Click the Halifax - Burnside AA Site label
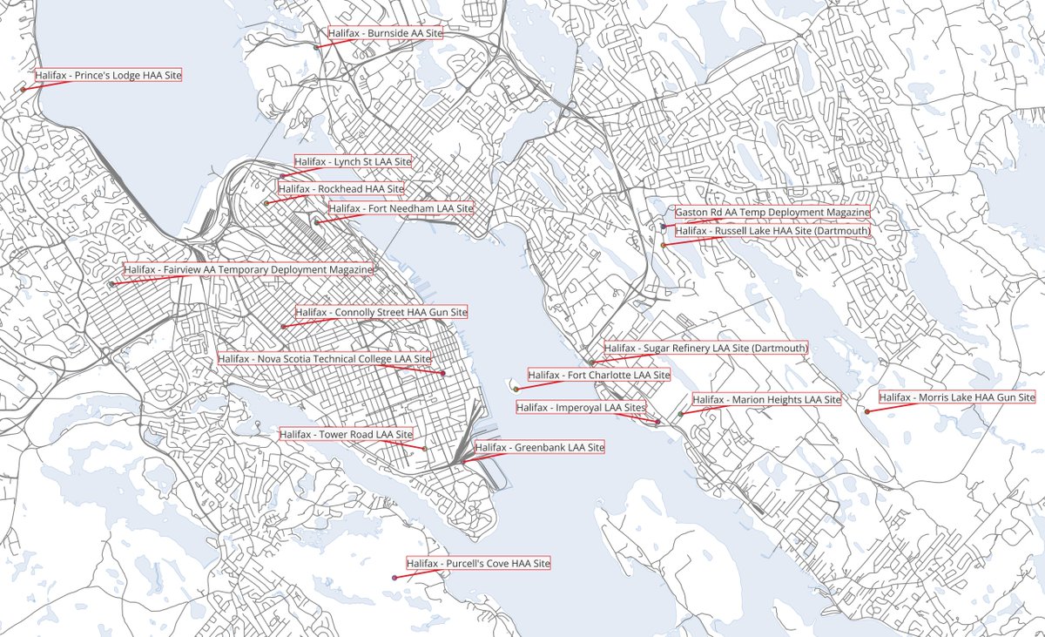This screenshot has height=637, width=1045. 386,33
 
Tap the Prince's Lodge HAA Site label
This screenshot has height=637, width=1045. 109,76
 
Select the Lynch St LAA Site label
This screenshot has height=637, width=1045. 353,161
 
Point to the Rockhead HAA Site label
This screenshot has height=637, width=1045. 341,188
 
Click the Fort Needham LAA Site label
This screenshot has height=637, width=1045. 401,208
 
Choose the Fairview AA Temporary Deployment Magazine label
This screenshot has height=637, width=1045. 248,269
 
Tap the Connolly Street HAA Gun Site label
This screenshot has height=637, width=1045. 381,311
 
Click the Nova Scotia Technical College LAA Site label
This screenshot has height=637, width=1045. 325,358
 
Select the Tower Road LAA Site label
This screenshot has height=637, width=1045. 346,433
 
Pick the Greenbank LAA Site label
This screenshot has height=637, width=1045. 539,447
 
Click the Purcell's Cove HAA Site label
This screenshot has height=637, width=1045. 478,564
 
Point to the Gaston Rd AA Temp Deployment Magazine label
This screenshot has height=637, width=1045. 772,212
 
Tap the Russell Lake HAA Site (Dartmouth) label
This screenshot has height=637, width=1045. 772,231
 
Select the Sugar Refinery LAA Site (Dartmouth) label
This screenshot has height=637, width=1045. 705,348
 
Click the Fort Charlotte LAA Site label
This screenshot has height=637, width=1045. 599,375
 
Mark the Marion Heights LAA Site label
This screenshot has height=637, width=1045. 766,399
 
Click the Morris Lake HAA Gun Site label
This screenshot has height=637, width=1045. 956,397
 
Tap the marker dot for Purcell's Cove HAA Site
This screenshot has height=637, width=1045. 395,578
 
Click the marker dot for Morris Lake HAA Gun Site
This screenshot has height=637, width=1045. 866,411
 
